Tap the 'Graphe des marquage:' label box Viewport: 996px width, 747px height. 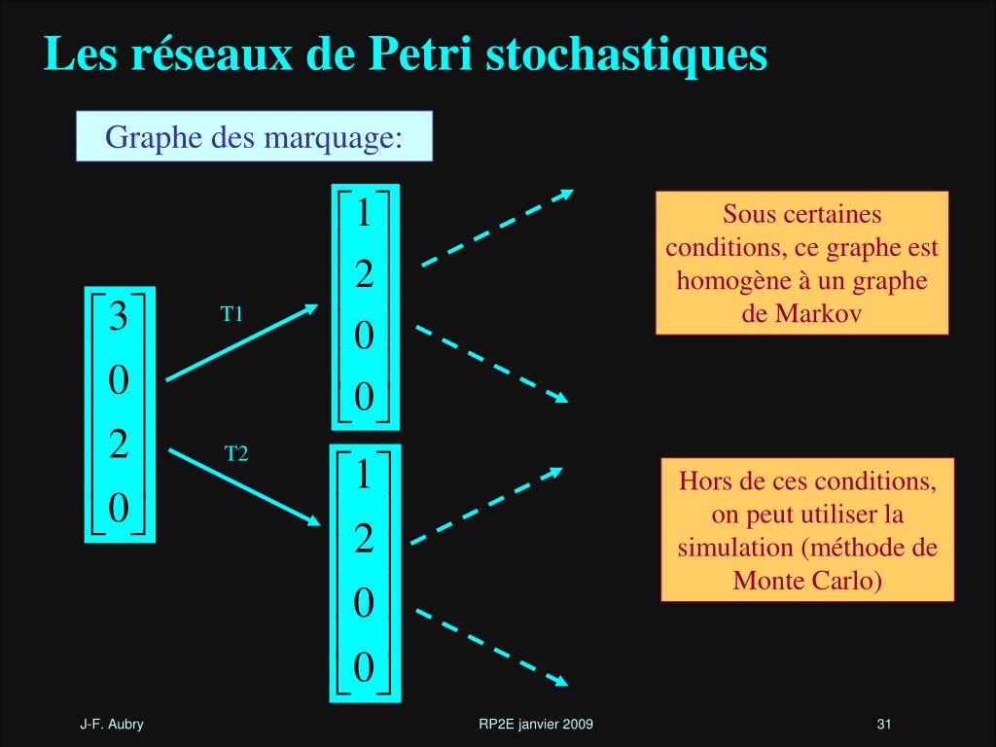254,136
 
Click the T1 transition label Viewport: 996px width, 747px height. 231,314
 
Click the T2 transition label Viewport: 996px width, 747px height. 236,453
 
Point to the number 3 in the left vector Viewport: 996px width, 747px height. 118,318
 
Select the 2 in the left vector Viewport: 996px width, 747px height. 118,445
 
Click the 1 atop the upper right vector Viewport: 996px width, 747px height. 364,213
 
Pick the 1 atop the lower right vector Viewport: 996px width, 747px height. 364,476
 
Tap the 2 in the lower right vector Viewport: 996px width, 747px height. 364,538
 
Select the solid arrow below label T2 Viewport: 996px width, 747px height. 244,486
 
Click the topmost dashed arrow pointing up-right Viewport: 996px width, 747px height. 496,227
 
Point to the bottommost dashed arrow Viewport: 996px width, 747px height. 491,646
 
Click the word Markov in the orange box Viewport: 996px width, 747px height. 802,314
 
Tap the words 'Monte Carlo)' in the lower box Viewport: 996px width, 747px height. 807,581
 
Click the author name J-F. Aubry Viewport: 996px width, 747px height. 112,725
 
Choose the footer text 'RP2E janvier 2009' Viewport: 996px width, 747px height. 537,725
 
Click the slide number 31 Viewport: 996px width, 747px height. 884,725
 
